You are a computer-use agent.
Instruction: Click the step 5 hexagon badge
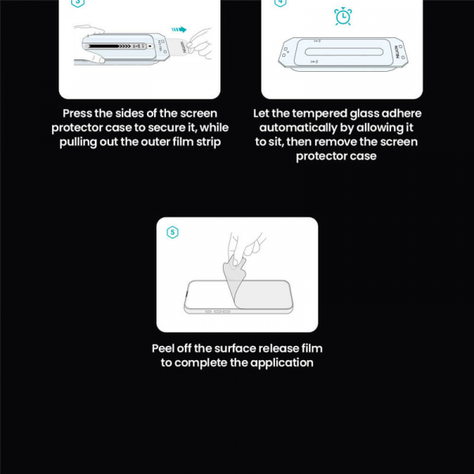(x=173, y=232)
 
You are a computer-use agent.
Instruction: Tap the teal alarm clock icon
(x=343, y=17)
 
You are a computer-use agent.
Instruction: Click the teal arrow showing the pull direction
(x=181, y=30)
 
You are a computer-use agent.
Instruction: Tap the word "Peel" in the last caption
(x=165, y=348)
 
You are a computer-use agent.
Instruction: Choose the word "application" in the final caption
(x=282, y=363)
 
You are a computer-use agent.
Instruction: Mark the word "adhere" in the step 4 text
(x=401, y=113)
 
